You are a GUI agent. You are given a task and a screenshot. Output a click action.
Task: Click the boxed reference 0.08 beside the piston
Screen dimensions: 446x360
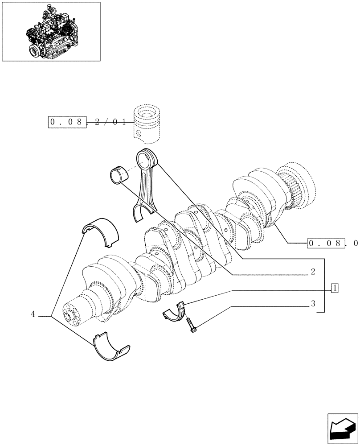pyautogui.click(x=67, y=121)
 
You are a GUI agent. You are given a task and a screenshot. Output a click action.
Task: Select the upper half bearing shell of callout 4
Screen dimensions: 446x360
pyautogui.click(x=102, y=231)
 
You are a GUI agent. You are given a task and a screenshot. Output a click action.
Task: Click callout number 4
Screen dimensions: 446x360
pyautogui.click(x=33, y=315)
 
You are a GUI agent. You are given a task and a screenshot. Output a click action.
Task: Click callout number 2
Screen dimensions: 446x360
pyautogui.click(x=313, y=272)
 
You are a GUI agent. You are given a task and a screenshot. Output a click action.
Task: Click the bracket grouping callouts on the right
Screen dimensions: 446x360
pyautogui.click(x=325, y=285)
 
